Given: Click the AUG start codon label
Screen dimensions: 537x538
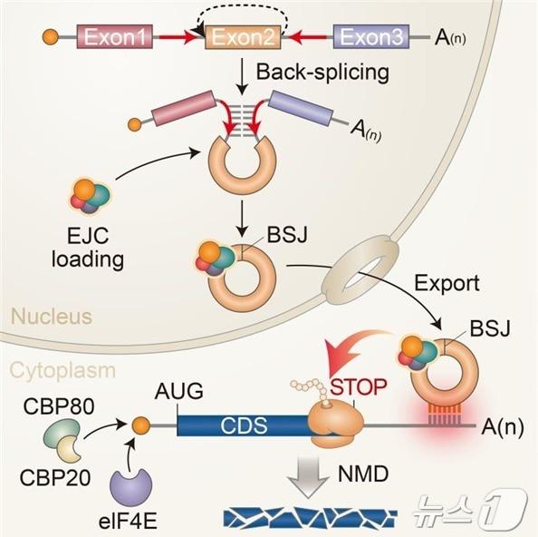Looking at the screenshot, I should (178, 391).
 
